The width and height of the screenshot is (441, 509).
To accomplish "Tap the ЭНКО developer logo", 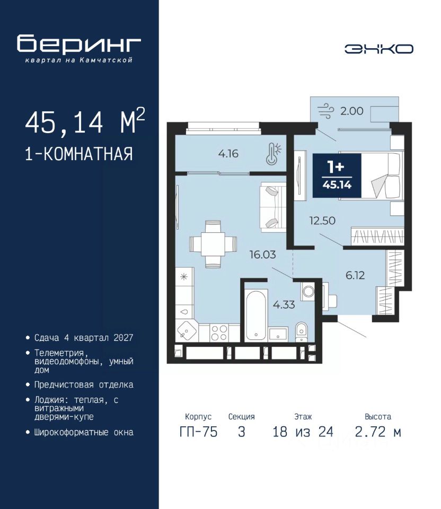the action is coord(378,49).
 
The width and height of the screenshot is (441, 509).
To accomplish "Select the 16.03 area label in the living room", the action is coord(262,254).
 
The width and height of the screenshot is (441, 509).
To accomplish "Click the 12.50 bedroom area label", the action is coord(322,221).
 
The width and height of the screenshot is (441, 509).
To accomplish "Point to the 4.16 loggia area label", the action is coord(228,153).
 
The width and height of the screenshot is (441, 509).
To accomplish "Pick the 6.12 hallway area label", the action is coord(355,275).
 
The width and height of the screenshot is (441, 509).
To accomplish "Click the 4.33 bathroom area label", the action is coord(284,304).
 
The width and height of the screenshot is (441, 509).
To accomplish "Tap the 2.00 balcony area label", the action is coord(352,111).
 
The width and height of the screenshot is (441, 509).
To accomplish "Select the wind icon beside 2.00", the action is coord(325,111).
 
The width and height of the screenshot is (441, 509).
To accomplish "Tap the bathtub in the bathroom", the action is coord(257,315).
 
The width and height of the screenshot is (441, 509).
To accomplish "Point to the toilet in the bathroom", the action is coord(302,332).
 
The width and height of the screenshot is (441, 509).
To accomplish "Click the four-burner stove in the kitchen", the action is coord(219,333).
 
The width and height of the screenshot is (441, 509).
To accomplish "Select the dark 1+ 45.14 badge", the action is coord(337,175).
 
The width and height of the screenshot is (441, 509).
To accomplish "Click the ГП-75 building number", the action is coord(198,432).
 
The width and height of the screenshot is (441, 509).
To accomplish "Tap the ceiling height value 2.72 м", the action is coord(378,432).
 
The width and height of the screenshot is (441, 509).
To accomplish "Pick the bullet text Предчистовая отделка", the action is coord(84,385).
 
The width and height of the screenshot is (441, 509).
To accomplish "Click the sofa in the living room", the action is coord(273,207).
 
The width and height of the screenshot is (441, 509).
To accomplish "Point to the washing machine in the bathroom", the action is coord(308,291).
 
